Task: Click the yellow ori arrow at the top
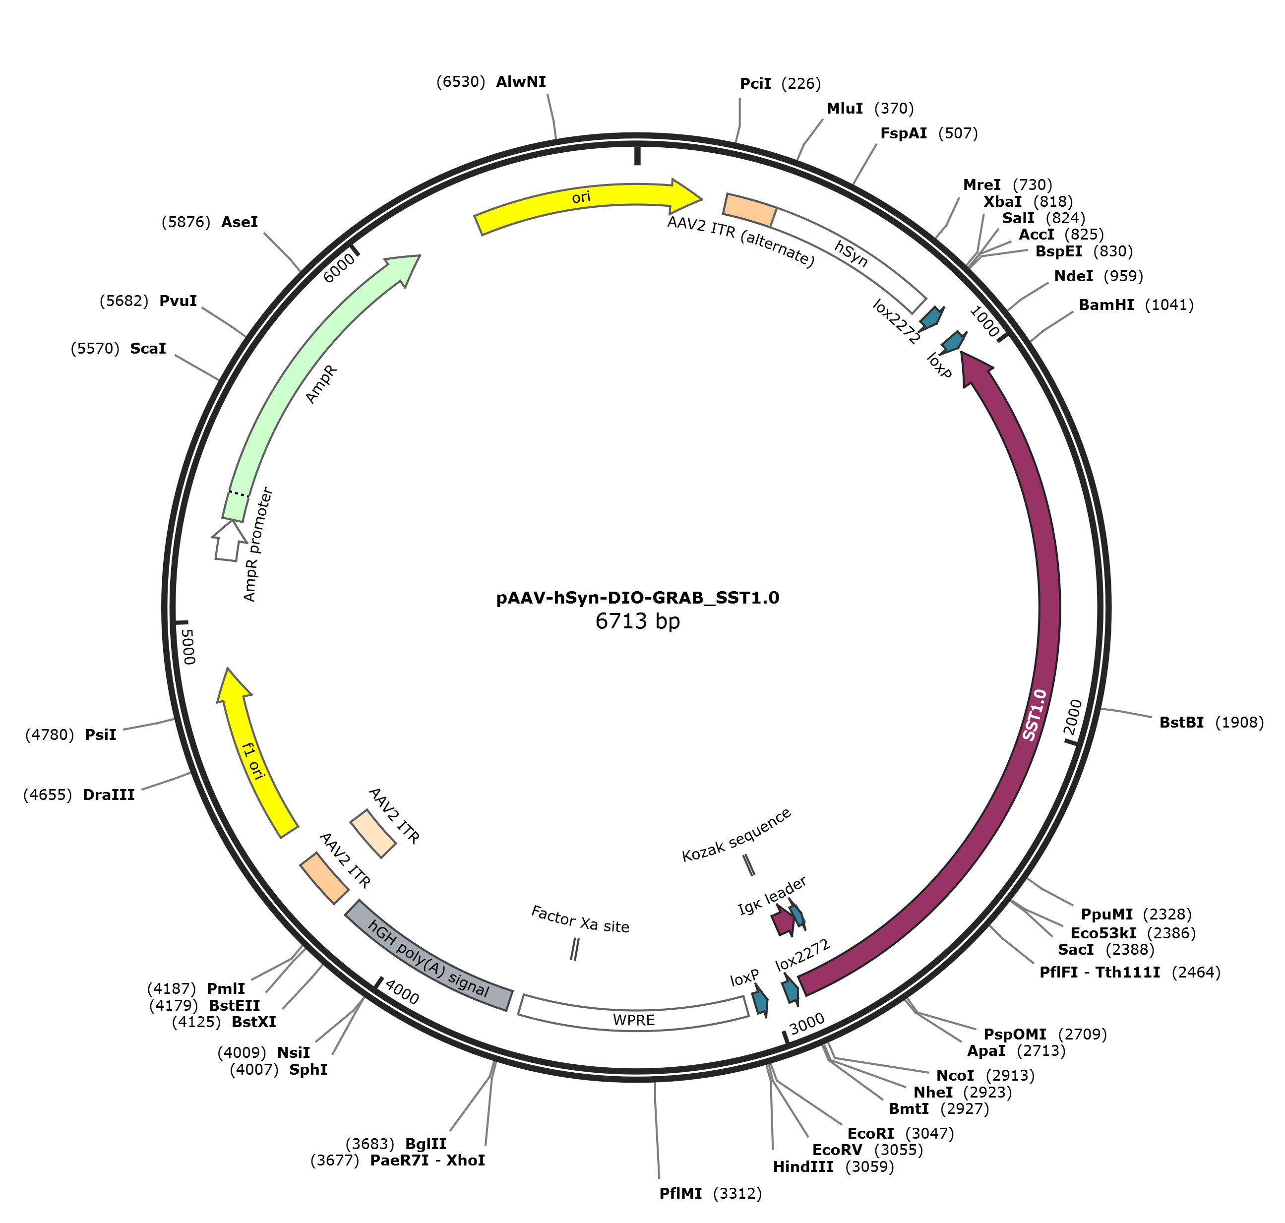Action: tap(580, 203)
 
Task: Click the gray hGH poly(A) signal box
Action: tap(428, 958)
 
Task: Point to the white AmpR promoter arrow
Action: tap(228, 541)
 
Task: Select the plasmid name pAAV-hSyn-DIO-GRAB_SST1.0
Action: tap(638, 598)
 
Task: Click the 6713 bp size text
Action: tap(638, 621)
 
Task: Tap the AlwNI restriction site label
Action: tap(521, 81)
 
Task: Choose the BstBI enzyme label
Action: tap(1181, 722)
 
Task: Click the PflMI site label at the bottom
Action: tap(680, 1193)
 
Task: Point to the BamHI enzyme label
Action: tap(1106, 305)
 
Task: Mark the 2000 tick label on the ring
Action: tap(1072, 717)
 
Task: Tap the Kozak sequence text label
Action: tap(736, 835)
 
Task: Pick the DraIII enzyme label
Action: tap(109, 795)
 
